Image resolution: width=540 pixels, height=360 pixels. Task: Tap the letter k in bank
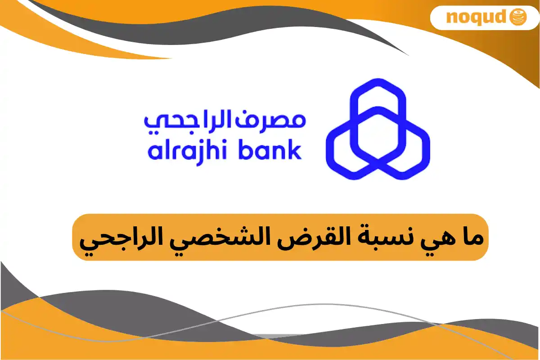click(294, 150)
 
